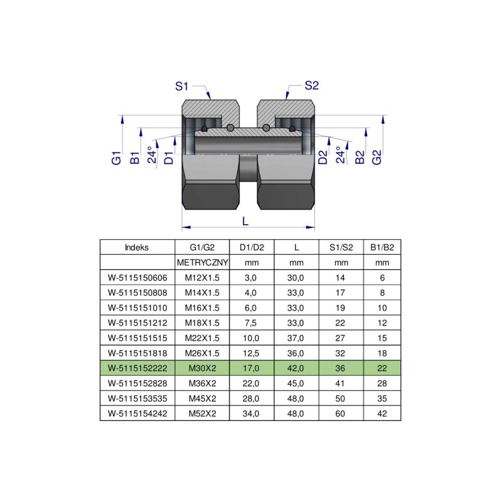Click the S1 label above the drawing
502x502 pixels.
[x=181, y=87]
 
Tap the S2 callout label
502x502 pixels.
[x=311, y=85]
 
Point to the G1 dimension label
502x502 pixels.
[x=117, y=158]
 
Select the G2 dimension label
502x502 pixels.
[x=377, y=158]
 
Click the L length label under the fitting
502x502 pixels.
[x=245, y=221]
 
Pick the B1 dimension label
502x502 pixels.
[x=135, y=158]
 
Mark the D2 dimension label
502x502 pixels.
[x=323, y=158]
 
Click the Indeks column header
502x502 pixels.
[x=137, y=247]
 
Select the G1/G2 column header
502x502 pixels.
[x=202, y=247]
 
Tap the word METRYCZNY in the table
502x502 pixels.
[x=202, y=262]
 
